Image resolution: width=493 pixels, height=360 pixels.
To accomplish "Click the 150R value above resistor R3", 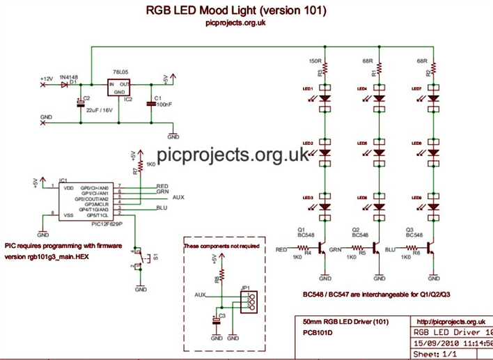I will coord(315,61).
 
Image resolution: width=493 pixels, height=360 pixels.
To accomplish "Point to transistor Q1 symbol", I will coord(322,249).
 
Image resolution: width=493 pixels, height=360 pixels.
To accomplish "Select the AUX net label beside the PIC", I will coord(178,197).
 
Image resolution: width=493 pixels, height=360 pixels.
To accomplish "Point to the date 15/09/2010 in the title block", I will coord(432,343).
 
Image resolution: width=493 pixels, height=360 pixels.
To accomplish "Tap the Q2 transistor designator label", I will coord(355,229).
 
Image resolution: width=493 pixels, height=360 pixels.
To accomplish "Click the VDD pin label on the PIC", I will coord(69,187).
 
